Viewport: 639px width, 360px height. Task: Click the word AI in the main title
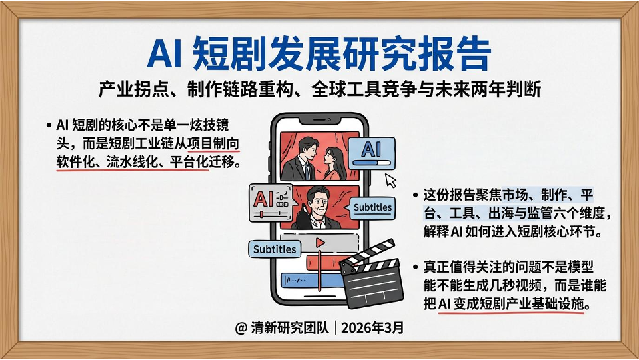[x=164, y=53]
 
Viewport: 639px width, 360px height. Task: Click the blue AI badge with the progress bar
[x=371, y=153]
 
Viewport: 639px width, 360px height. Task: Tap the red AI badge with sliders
[x=271, y=203]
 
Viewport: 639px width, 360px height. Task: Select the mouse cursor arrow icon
[x=391, y=181]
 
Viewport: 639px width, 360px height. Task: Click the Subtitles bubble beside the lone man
[x=372, y=207]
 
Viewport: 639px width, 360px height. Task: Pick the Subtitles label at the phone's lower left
[x=275, y=249]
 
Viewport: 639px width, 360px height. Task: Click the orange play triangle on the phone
[x=320, y=243]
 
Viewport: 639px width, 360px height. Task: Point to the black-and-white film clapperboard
[x=370, y=274]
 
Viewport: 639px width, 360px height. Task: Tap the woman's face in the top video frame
[x=331, y=156]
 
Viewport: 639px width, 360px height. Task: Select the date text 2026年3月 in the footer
[x=372, y=327]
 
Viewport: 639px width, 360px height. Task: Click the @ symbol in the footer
[x=241, y=328]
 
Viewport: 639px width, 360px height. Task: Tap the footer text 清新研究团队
[x=289, y=327]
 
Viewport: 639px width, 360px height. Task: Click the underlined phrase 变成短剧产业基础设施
[x=519, y=304]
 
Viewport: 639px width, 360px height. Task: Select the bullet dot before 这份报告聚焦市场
[x=415, y=195]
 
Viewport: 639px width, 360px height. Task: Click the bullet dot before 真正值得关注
[x=415, y=267]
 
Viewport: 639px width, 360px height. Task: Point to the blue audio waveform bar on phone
[x=312, y=280]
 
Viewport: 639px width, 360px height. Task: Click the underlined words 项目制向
[x=213, y=143]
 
